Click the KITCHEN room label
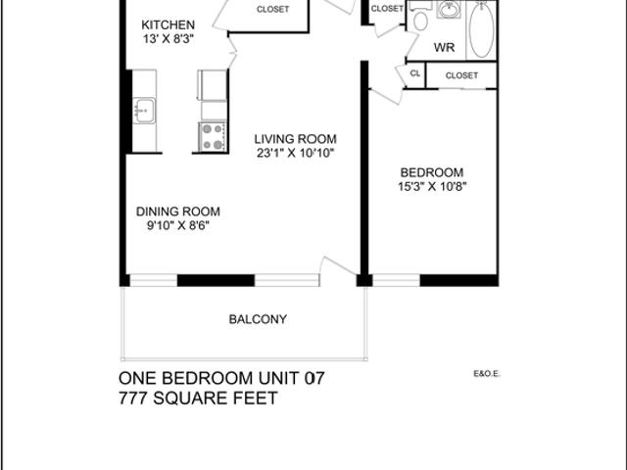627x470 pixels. click(x=168, y=24)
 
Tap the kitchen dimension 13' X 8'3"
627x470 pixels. click(x=169, y=39)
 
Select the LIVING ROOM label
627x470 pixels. click(x=296, y=139)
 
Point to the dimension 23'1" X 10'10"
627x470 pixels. click(x=296, y=153)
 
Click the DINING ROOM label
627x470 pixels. click(x=178, y=211)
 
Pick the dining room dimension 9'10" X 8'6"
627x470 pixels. click(x=178, y=226)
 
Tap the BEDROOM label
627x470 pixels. click(x=432, y=172)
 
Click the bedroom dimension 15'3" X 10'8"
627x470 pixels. click(x=432, y=187)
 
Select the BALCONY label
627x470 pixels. click(x=258, y=319)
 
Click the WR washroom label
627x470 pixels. click(x=444, y=48)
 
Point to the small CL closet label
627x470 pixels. click(x=415, y=73)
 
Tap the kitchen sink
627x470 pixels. click(x=144, y=111)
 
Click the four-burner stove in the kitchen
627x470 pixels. click(x=213, y=136)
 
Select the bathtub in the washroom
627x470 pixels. click(x=481, y=28)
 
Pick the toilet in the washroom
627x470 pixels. click(x=420, y=18)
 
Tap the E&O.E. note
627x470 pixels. click(x=487, y=374)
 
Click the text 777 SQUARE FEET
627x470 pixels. click(x=198, y=399)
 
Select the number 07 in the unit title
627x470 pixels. click(x=314, y=378)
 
